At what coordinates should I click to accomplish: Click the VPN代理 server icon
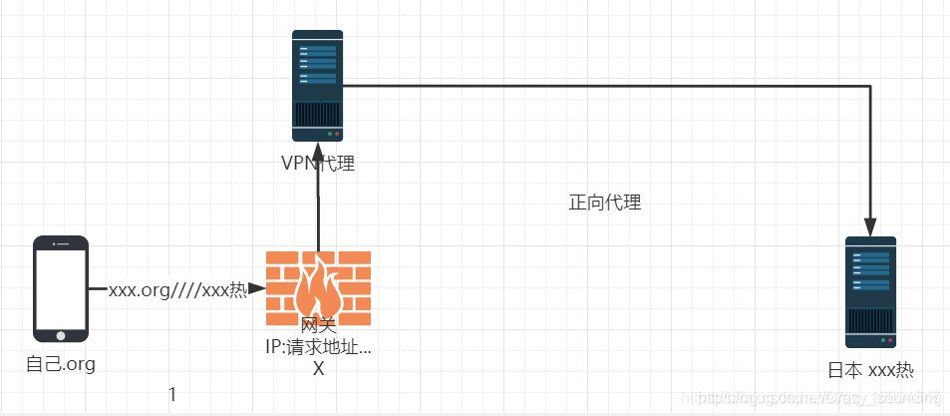317,86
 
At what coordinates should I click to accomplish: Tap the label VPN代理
317,164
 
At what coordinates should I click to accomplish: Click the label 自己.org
61,364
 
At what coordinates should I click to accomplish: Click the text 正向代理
604,204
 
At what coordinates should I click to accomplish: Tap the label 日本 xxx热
870,371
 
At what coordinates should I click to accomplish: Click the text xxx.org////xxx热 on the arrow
177,290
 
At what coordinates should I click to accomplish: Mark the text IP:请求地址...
316,348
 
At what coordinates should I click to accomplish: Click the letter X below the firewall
318,368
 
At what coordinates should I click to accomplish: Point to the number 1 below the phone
172,395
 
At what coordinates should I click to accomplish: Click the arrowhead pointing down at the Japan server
870,226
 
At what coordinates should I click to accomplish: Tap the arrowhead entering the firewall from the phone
257,290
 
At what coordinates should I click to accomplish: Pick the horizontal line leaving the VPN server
598,87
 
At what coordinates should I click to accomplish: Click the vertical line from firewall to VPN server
318,214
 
